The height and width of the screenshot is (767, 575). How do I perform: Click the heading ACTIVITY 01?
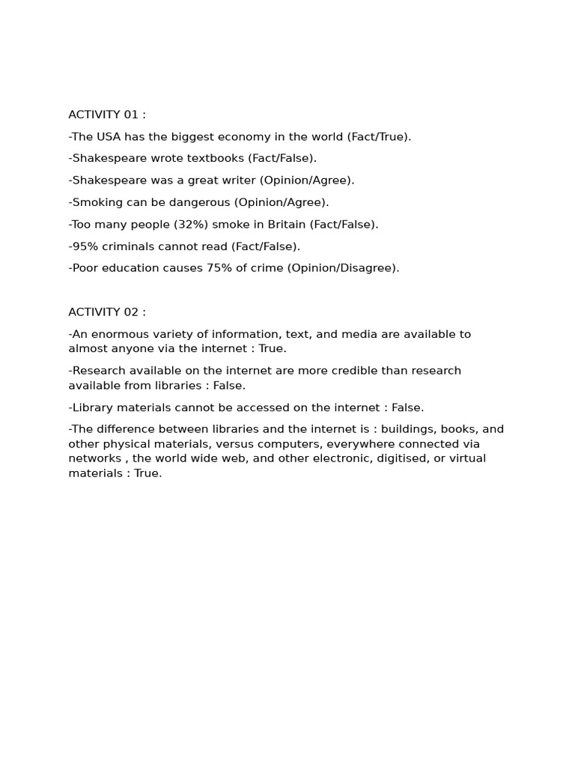[x=107, y=115]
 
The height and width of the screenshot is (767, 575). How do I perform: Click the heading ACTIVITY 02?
[x=107, y=312]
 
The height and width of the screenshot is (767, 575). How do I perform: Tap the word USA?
[x=108, y=136]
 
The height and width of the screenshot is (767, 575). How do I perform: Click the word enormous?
[x=118, y=334]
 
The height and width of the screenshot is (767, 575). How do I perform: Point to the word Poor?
[x=84, y=267]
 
